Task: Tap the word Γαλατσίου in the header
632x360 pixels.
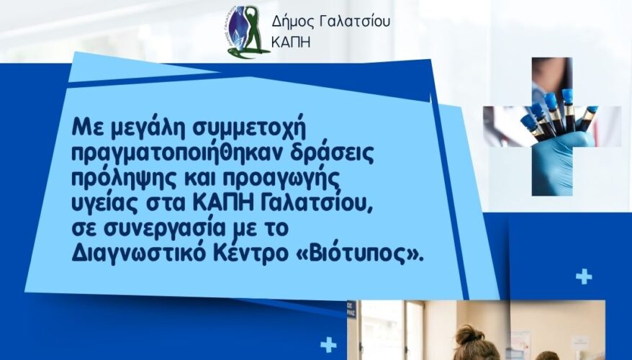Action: pos(355,22)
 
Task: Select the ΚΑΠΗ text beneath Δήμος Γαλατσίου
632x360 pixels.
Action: pos(291,42)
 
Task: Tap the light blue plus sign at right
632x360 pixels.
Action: pos(584,277)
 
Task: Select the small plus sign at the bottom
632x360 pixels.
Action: pos(328,346)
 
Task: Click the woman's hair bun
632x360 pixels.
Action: pos(469,335)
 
